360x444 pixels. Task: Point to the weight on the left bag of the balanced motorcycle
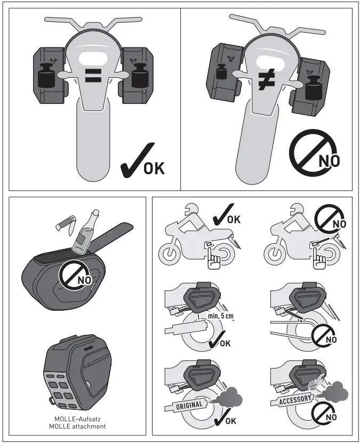tap(46, 76)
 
